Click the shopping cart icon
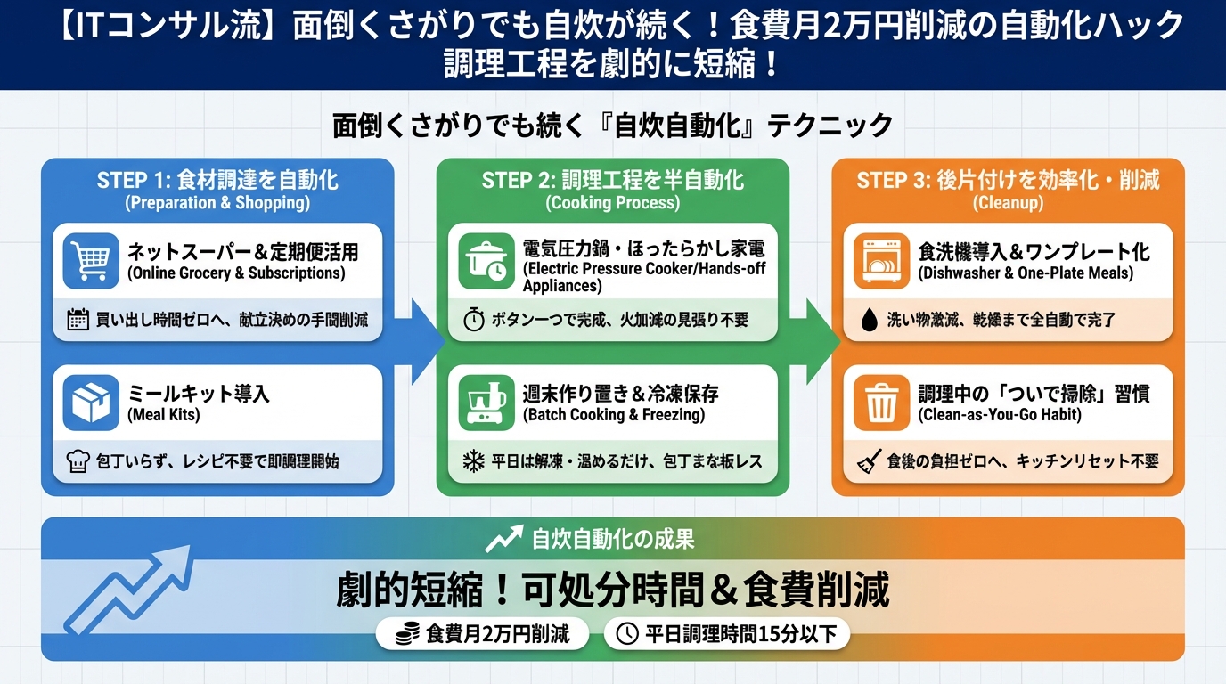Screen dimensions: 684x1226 91,261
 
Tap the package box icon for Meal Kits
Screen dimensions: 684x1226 91,403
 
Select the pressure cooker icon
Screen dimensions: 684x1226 486,261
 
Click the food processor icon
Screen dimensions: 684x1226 486,403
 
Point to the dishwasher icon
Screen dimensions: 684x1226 881,261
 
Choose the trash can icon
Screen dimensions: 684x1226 881,403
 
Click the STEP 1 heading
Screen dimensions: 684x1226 217,180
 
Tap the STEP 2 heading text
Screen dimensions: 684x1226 612,180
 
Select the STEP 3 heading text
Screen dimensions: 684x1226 1008,180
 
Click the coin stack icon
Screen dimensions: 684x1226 408,634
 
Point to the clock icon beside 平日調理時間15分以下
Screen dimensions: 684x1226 627,634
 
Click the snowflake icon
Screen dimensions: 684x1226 472,462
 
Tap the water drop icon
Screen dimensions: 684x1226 868,320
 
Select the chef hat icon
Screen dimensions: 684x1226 78,462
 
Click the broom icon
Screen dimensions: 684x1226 868,462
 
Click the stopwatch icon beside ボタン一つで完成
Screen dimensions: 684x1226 472,320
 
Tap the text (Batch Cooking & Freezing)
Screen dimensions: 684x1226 613,415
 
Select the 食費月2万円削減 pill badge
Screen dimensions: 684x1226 482,634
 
